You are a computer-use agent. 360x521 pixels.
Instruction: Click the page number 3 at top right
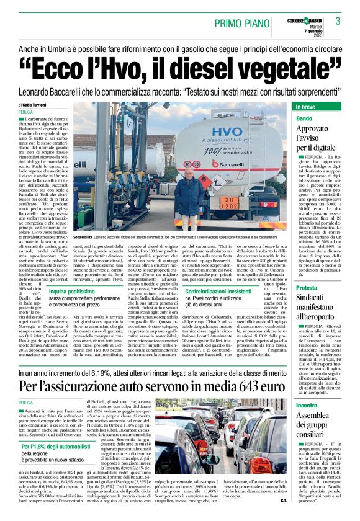[x=338, y=22]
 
